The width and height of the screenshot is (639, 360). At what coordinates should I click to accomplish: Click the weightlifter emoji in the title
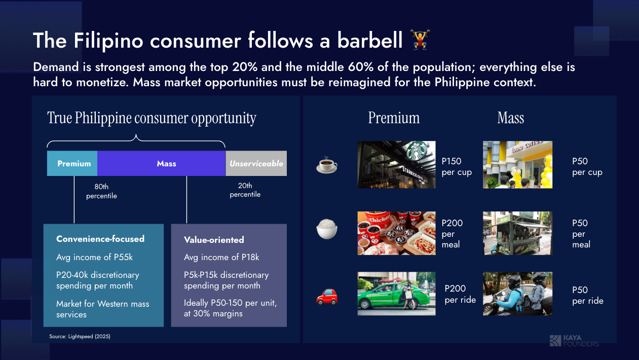[x=420, y=40]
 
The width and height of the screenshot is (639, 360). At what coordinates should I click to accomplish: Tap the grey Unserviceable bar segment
[x=256, y=163]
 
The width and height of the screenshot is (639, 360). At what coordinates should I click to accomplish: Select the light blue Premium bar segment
[x=72, y=163]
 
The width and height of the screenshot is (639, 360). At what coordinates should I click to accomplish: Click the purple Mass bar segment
[x=162, y=163]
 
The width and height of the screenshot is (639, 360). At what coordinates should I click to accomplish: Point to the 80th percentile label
[x=101, y=191]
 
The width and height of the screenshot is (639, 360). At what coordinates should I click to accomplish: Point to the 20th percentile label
[x=245, y=190]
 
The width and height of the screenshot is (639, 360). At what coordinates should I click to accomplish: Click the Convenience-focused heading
[x=100, y=239]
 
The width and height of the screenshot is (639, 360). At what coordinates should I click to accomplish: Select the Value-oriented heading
[x=214, y=240]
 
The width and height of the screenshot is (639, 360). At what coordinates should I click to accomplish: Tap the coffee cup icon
[x=327, y=165]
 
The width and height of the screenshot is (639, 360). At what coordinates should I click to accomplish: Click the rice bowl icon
[x=327, y=229]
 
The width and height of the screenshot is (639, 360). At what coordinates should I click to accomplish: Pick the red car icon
[x=327, y=297]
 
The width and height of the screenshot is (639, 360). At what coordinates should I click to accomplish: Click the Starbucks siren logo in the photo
[x=417, y=151]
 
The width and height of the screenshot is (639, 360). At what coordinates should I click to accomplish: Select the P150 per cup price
[x=457, y=166]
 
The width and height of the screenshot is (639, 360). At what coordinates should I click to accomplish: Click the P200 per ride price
[x=460, y=294]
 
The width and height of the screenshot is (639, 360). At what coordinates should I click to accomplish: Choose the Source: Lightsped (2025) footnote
[x=80, y=336]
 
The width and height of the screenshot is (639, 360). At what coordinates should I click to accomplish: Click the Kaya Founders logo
[x=574, y=341]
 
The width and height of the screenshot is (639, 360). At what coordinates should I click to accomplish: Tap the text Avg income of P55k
[x=94, y=257]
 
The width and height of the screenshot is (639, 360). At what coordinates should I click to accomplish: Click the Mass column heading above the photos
[x=511, y=118]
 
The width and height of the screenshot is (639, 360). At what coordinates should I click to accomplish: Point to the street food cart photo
[x=517, y=233]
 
